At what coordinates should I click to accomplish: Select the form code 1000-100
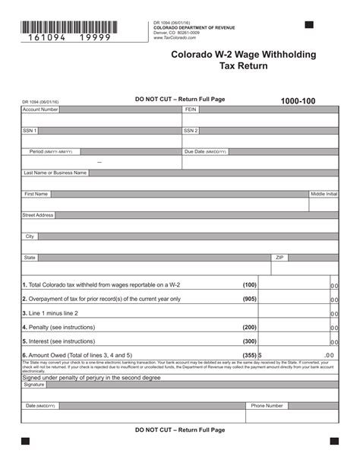(x=298, y=101)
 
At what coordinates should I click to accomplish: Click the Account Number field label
(x=40, y=109)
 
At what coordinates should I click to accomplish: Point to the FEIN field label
(x=191, y=109)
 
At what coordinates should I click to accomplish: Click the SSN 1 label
(x=30, y=131)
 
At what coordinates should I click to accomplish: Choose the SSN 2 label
(x=191, y=131)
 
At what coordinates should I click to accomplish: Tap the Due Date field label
(x=205, y=151)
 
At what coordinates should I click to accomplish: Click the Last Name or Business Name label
(x=55, y=173)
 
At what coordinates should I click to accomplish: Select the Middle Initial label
(x=324, y=194)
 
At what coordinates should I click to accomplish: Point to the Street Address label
(x=38, y=215)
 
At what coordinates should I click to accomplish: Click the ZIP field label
(x=279, y=258)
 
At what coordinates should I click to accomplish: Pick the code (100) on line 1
(x=249, y=285)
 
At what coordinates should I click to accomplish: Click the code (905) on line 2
(x=249, y=299)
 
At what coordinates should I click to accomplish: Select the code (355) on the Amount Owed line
(x=249, y=355)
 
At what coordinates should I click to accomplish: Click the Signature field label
(x=34, y=385)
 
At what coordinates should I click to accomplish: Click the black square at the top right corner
(x=309, y=25)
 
